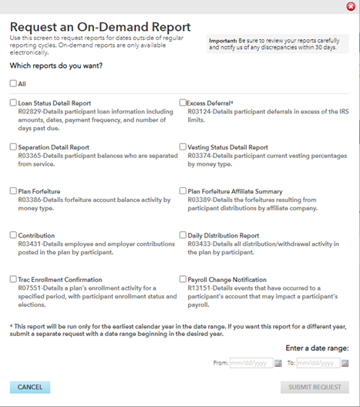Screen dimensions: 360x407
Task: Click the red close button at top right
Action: (351, 6)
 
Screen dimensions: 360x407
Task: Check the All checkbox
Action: (13, 83)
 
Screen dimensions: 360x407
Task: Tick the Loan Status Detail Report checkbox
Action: (13, 103)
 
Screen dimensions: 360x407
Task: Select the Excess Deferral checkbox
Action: (183, 103)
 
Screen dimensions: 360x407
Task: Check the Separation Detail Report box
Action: (13, 146)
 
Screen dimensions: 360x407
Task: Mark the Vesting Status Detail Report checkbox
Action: (183, 146)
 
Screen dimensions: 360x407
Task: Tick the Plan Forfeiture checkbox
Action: (13, 190)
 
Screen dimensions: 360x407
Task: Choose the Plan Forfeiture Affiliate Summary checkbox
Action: (183, 190)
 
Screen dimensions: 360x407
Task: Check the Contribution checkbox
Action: (13, 234)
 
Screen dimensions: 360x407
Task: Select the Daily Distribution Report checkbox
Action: (183, 234)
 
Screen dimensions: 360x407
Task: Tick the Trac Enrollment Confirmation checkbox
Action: (13, 279)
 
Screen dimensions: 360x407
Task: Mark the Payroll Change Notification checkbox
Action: (183, 279)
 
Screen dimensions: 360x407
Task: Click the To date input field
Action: (317, 362)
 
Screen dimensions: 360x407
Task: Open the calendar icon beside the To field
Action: (345, 362)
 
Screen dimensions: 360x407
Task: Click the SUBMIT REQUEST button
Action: (315, 387)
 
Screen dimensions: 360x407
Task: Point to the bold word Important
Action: (225, 40)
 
